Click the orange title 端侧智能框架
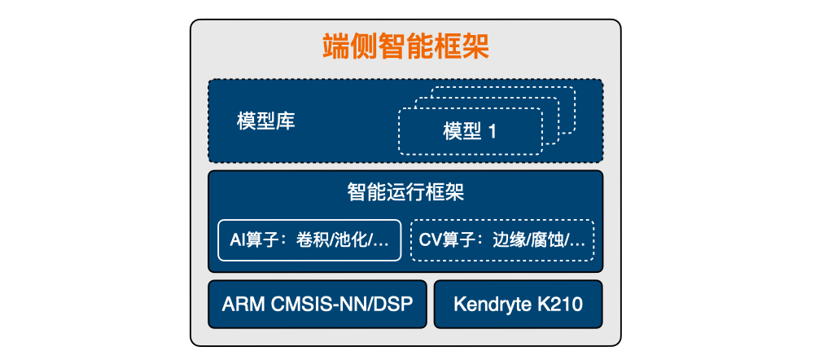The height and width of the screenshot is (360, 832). pyautogui.click(x=406, y=46)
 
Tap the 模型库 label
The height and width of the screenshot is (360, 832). pyautogui.click(x=266, y=121)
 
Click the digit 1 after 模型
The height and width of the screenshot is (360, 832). pyautogui.click(x=492, y=132)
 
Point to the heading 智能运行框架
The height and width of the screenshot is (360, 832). pyautogui.click(x=406, y=192)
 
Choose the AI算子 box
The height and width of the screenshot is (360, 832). pyautogui.click(x=309, y=240)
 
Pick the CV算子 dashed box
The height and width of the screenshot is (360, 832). pyautogui.click(x=502, y=240)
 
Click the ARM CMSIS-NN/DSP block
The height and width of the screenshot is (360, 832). pyautogui.click(x=317, y=305)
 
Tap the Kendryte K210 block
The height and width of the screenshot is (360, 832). pyautogui.click(x=519, y=305)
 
